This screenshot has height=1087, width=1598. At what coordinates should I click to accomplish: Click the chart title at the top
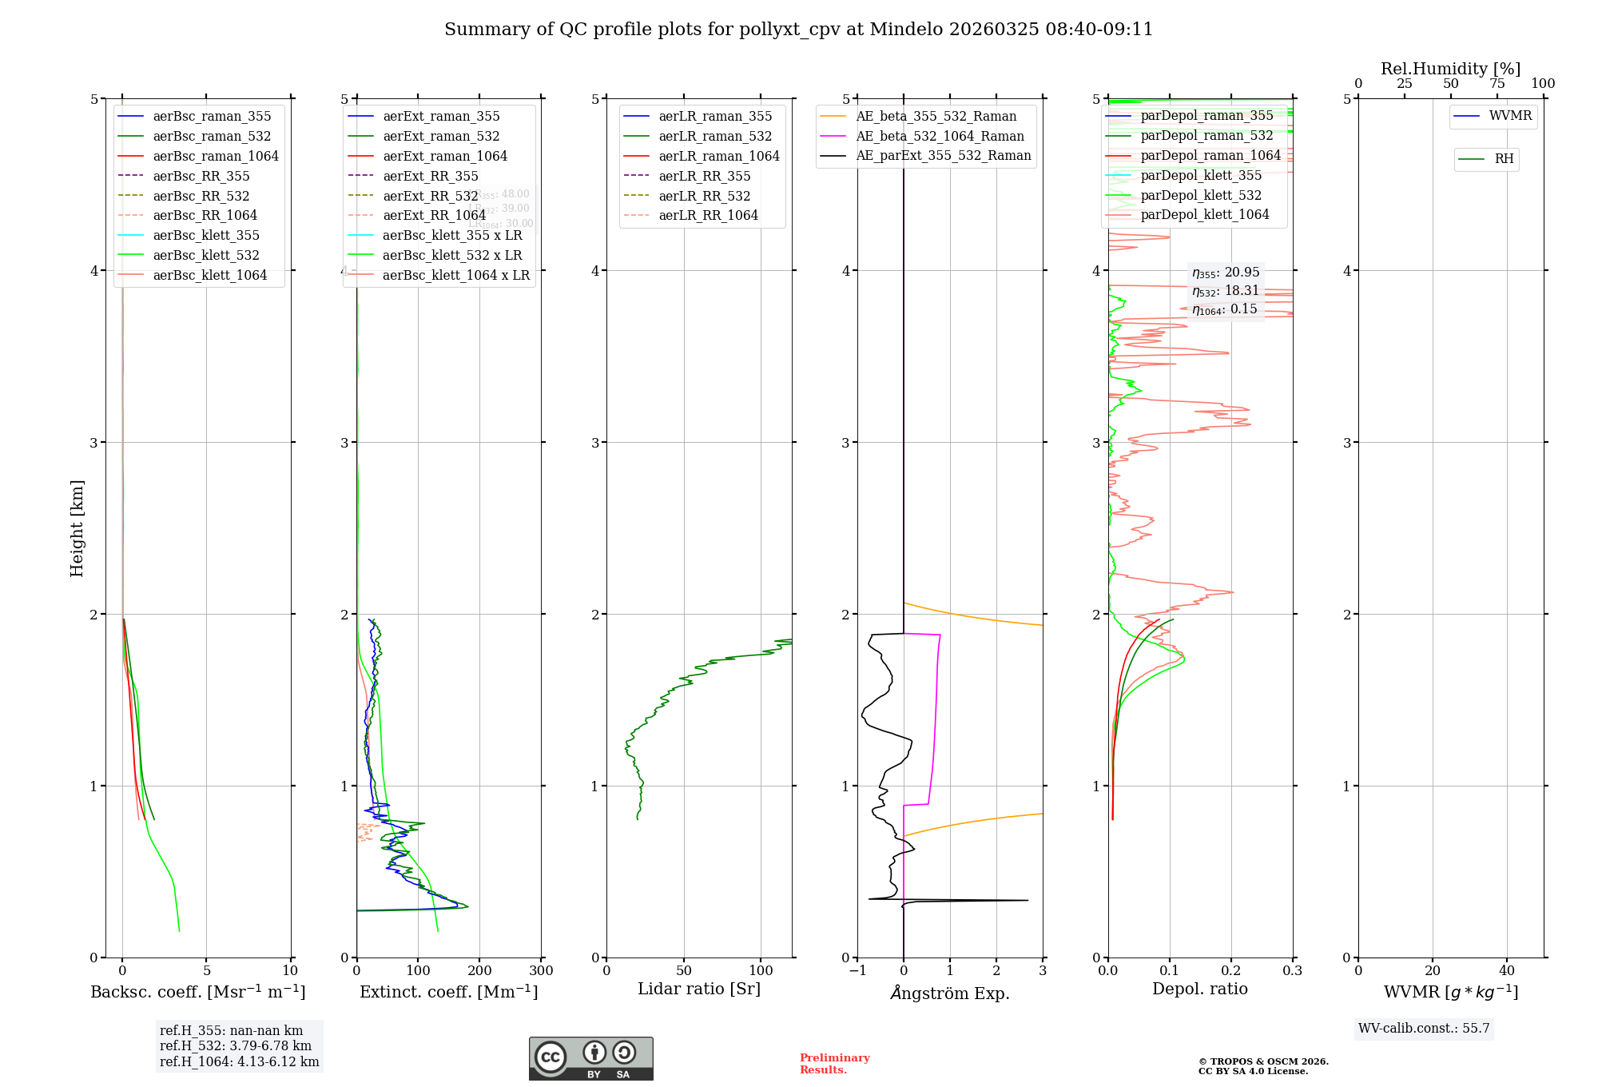(x=798, y=30)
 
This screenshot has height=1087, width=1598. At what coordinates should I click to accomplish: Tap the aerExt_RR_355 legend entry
(x=430, y=176)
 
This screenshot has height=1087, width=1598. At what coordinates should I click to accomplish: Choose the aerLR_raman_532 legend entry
(x=715, y=136)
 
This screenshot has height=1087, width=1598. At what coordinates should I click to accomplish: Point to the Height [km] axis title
(x=77, y=528)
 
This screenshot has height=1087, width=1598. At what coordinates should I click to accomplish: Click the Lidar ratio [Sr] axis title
(x=699, y=989)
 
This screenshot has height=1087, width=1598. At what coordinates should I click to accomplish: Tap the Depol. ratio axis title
(x=1199, y=989)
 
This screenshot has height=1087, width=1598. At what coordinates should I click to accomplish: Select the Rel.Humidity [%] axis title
(x=1450, y=69)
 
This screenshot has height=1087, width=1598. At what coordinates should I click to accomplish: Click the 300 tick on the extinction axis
(x=541, y=971)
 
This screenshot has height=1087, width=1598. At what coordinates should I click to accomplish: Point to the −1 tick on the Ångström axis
(x=857, y=971)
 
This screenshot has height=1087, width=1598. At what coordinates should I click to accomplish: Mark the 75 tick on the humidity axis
(x=1497, y=84)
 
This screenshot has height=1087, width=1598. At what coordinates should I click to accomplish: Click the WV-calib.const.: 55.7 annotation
(x=1424, y=1028)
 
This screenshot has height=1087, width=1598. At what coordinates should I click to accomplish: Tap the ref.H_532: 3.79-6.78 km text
(x=236, y=1045)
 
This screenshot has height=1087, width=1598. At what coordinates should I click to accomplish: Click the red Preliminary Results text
(x=834, y=1063)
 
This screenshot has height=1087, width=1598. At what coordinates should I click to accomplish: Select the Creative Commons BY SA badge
(x=590, y=1058)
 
